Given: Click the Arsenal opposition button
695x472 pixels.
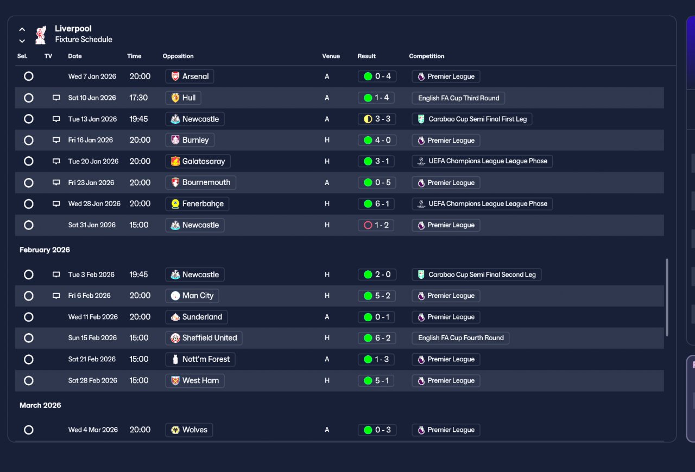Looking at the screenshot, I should pyautogui.click(x=189, y=76).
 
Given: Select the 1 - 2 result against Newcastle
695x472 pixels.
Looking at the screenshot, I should pyautogui.click(x=377, y=225).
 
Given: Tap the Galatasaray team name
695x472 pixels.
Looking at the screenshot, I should pyautogui.click(x=198, y=161).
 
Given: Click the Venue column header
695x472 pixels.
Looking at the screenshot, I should pyautogui.click(x=331, y=56).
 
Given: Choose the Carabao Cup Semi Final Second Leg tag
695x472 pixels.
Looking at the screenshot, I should pyautogui.click(x=476, y=275).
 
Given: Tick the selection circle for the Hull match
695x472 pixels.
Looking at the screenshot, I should pyautogui.click(x=29, y=98).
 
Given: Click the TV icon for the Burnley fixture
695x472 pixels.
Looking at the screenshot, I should pyautogui.click(x=56, y=140).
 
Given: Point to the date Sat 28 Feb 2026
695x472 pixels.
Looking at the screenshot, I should pyautogui.click(x=92, y=380).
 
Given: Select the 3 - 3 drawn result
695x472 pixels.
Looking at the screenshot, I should pyautogui.click(x=377, y=119).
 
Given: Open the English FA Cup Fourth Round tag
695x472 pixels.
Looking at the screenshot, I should pyautogui.click(x=460, y=338).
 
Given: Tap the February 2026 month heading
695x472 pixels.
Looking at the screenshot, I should pyautogui.click(x=45, y=250).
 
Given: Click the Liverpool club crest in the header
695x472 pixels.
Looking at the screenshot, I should pyautogui.click(x=40, y=35).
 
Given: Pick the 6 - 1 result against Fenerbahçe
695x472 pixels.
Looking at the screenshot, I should pyautogui.click(x=377, y=204).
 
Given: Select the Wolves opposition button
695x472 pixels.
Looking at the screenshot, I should pyautogui.click(x=189, y=430).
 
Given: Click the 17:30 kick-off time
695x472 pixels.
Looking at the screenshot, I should pyautogui.click(x=138, y=98).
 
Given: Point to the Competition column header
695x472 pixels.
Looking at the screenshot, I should pyautogui.click(x=426, y=56).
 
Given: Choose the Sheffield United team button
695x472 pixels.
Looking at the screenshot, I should pyautogui.click(x=204, y=338).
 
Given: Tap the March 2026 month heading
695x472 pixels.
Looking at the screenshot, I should pyautogui.click(x=40, y=405).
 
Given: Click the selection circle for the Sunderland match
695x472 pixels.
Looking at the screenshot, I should pyautogui.click(x=29, y=317).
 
